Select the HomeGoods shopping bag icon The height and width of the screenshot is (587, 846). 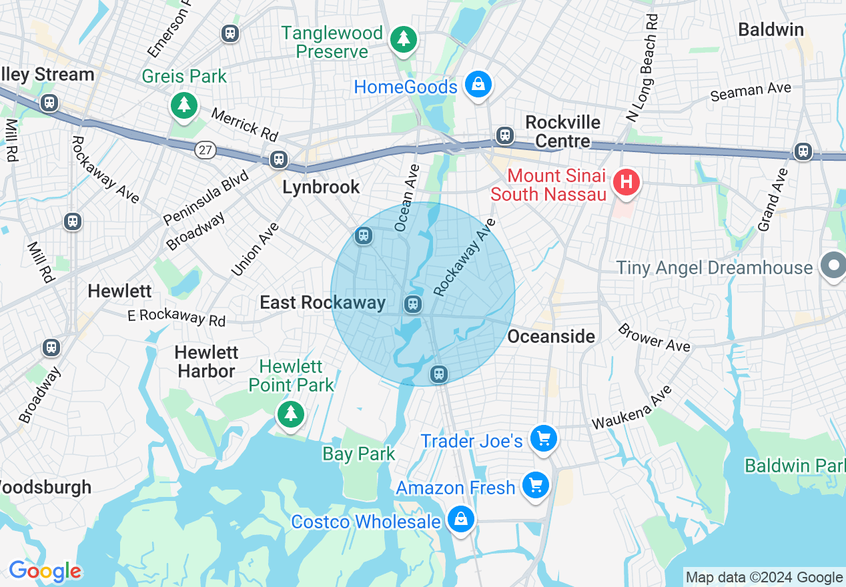pyautogui.click(x=478, y=85)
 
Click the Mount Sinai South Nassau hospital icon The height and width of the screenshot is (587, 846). pyautogui.click(x=626, y=182)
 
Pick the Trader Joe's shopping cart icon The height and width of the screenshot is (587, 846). pyautogui.click(x=543, y=439)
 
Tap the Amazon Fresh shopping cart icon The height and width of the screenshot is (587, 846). pyautogui.click(x=535, y=486)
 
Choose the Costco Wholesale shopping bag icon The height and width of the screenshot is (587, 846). pyautogui.click(x=460, y=519)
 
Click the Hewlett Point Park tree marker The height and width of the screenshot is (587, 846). pyautogui.click(x=290, y=414)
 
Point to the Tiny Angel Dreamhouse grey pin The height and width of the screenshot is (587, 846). pyautogui.click(x=833, y=266)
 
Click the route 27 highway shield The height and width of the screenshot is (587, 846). pyautogui.click(x=205, y=150)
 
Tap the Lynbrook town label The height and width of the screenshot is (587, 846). pyautogui.click(x=321, y=187)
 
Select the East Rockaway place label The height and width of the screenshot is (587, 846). pyautogui.click(x=322, y=303)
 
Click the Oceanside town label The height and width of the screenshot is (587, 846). pyautogui.click(x=551, y=336)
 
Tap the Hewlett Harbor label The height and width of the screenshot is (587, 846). pyautogui.click(x=206, y=362)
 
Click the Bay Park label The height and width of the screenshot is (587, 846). pyautogui.click(x=359, y=454)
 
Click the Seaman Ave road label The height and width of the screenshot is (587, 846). pyautogui.click(x=751, y=91)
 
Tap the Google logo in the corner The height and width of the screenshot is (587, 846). pyautogui.click(x=45, y=571)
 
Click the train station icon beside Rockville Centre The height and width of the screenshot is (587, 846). pyautogui.click(x=505, y=136)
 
